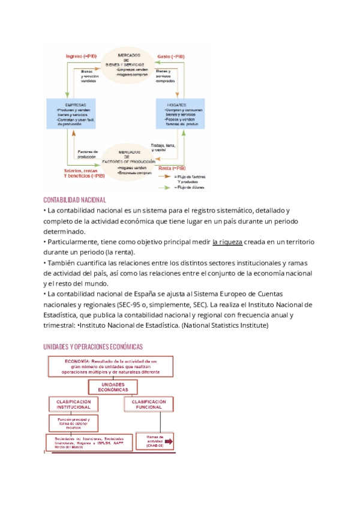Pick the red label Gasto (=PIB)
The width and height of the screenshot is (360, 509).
pyautogui.click(x=171, y=56)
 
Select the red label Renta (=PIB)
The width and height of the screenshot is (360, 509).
pyautogui.click(x=172, y=169)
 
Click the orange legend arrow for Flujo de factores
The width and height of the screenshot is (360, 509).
pyautogui.click(x=165, y=177)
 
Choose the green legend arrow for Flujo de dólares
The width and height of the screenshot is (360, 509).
pyautogui.click(x=165, y=187)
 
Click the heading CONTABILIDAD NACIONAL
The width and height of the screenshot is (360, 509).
pyautogui.click(x=75, y=199)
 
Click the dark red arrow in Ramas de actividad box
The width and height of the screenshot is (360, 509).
pyautogui.click(x=167, y=443)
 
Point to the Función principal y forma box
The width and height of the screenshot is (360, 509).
pyautogui.click(x=70, y=423)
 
